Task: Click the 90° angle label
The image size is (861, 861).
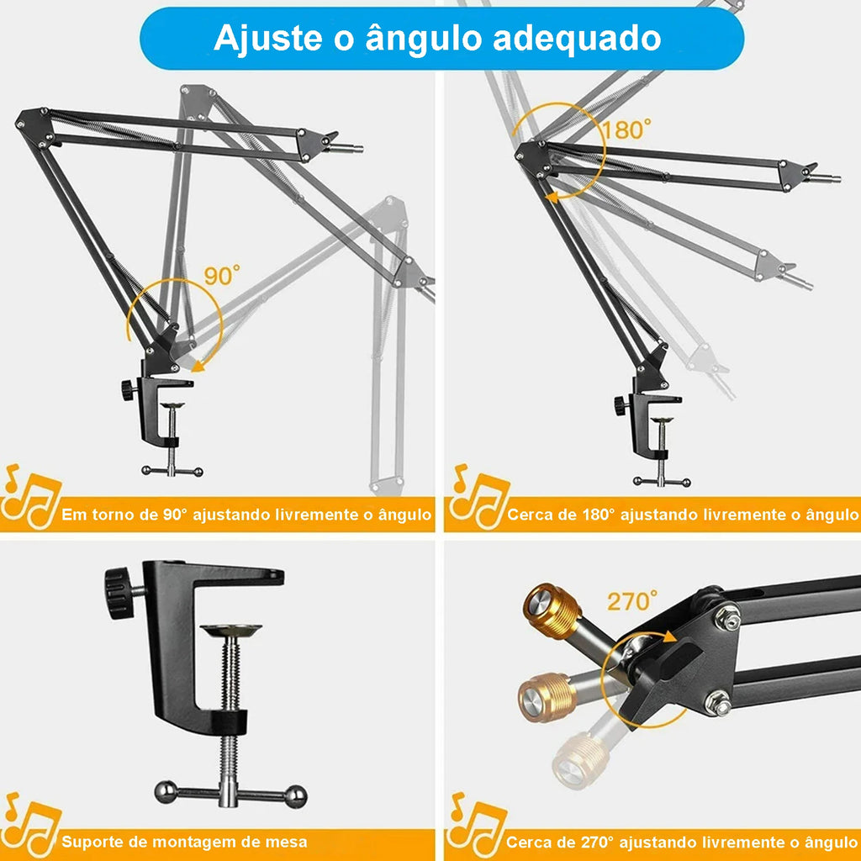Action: (222, 276)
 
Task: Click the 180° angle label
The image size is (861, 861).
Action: (626, 129)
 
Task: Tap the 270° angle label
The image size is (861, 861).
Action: (632, 601)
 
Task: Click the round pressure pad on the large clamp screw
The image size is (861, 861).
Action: (231, 630)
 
